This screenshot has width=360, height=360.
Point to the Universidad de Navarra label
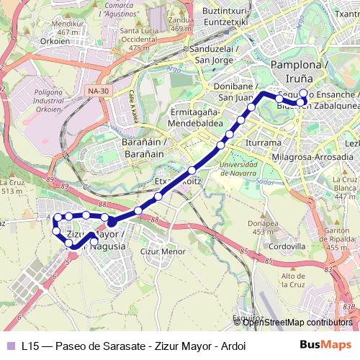point(235,171)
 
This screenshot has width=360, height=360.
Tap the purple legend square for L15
point(9,345)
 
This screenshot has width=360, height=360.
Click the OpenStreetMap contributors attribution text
point(297,322)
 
